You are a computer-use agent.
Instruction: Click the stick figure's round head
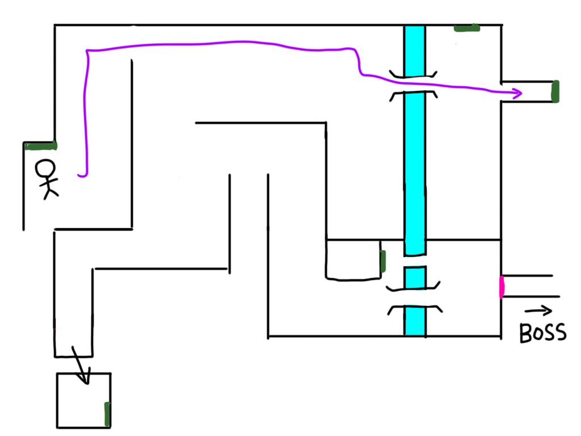45,169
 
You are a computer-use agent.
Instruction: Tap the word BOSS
543,333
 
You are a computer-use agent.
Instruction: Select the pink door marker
502,287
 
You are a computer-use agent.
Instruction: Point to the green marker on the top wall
467,28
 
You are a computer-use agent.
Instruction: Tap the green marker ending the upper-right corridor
555,91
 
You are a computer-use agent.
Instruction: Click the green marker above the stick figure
41,146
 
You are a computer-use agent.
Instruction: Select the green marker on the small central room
383,261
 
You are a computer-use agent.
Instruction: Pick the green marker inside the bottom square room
107,414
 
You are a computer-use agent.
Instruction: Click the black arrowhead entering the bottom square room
85,378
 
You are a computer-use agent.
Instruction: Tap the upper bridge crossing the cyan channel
413,85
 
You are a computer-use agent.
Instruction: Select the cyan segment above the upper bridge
415,51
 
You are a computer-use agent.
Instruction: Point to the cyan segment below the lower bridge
415,321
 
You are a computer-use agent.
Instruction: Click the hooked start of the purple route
83,174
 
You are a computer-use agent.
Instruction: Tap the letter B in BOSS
526,333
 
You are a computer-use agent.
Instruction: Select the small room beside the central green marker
353,259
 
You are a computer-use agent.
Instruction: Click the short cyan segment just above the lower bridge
415,277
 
